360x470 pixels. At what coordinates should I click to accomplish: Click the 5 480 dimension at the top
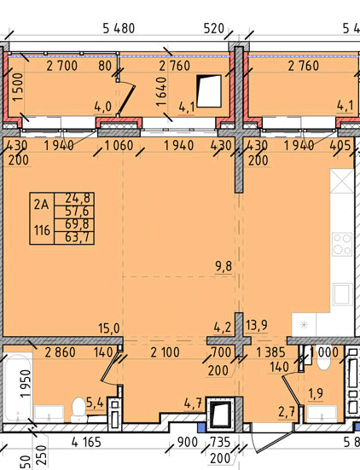119,28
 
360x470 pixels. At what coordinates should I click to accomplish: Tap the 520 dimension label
214,28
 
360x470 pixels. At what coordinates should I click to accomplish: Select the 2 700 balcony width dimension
61,66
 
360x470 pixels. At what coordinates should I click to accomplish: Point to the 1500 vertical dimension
18,87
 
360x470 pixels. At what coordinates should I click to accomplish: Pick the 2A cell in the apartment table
41,205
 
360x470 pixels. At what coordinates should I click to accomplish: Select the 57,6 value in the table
77,211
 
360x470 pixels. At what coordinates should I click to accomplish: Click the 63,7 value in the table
77,237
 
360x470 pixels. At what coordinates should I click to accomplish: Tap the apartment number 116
42,230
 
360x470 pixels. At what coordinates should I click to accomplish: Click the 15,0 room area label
109,328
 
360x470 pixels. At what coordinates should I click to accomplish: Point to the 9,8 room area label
224,266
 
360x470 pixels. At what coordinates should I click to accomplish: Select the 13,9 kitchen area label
256,325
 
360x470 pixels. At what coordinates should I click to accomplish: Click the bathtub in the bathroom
17,387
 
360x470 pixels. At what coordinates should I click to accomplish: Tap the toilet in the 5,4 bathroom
78,409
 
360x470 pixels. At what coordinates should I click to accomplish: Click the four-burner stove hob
342,244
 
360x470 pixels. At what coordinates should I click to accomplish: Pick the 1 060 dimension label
119,146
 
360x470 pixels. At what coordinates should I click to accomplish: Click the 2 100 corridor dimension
165,352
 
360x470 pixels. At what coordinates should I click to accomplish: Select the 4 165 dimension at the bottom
86,442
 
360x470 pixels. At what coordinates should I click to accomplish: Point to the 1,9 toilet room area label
316,392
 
